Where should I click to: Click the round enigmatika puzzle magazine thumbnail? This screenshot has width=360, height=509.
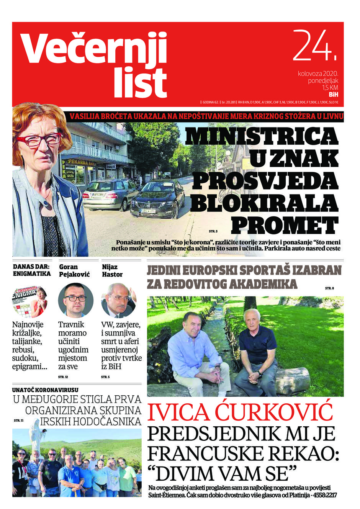click(29, 301)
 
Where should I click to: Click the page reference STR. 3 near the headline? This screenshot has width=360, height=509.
click(213, 231)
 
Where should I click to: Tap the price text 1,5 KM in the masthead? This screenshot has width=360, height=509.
click(329, 88)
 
